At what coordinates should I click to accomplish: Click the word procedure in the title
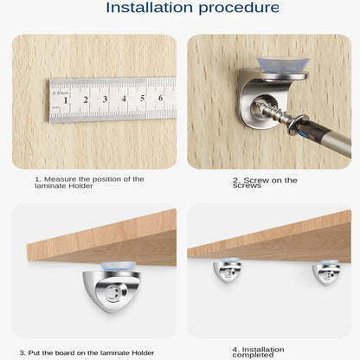pos(239,9)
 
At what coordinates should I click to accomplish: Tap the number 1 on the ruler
pos(66,100)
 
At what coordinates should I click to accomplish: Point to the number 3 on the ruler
pos(105,99)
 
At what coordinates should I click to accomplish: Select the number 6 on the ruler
pos(161,98)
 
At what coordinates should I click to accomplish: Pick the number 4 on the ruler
pos(124,99)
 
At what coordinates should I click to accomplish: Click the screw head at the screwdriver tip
pos(297,124)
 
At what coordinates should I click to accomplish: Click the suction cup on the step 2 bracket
pos(283,64)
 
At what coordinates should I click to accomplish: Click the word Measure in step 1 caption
pos(60,179)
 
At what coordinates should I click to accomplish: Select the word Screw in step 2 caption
pos(256,180)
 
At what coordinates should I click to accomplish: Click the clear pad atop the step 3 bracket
pos(118,267)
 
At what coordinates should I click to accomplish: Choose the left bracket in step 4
pos(227,272)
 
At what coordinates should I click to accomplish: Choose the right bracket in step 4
pos(326,273)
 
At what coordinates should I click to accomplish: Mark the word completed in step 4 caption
pos(253,355)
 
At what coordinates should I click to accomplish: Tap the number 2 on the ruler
pos(86,100)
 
